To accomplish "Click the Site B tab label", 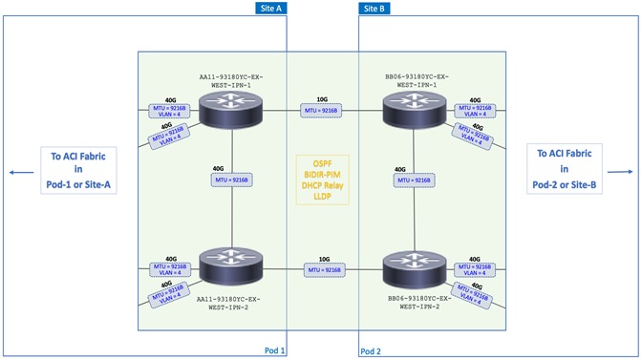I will pyautogui.click(x=374, y=8).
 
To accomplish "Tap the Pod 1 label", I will pyautogui.click(x=275, y=350).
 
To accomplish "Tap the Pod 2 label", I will pyautogui.click(x=372, y=350).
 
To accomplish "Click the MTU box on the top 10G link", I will pyautogui.click(x=322, y=113).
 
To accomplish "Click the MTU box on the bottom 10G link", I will pyautogui.click(x=322, y=271).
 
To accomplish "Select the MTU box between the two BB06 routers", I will pyautogui.click(x=411, y=181).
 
